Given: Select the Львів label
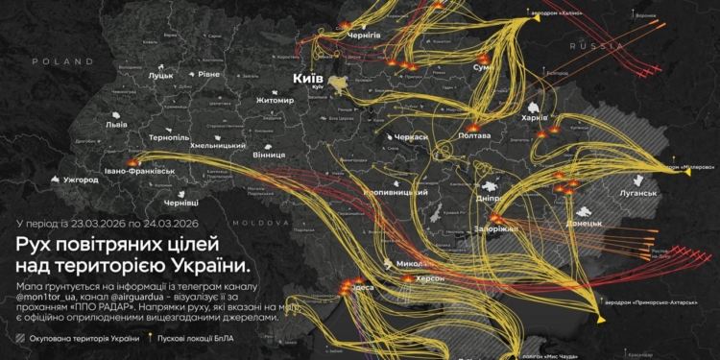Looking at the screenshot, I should point(116,125).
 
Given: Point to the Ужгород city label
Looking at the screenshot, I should point(81,180).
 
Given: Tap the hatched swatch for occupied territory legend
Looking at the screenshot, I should point(21,339).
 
